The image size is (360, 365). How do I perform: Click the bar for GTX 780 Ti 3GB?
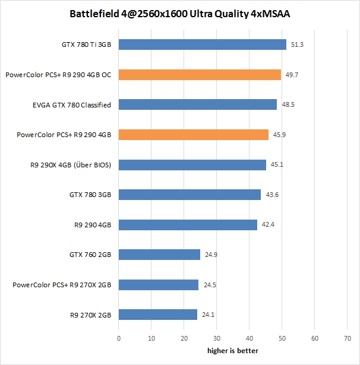(x=203, y=45)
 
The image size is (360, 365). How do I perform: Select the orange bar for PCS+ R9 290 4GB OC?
(x=200, y=75)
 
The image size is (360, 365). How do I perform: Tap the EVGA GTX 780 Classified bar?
(x=198, y=104)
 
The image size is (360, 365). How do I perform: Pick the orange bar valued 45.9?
(x=194, y=135)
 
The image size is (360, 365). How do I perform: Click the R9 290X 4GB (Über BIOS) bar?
(x=192, y=164)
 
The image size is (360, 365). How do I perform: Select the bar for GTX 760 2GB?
(x=159, y=255)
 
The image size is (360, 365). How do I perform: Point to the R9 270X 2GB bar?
(x=158, y=315)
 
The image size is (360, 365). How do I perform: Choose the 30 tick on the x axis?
(x=217, y=338)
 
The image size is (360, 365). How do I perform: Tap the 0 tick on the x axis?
(x=119, y=338)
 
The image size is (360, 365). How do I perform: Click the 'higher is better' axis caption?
(x=233, y=351)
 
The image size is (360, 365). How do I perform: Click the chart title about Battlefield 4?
(x=180, y=12)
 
